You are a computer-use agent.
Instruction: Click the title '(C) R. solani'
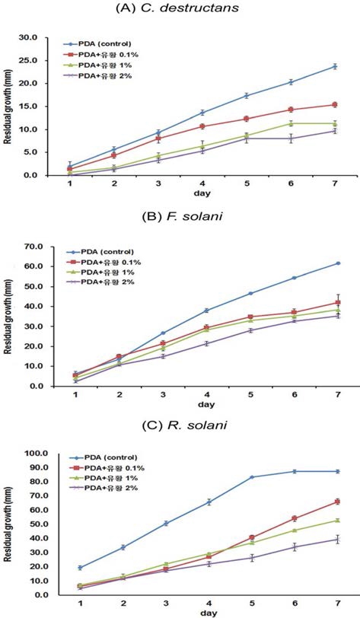(x=180, y=432)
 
